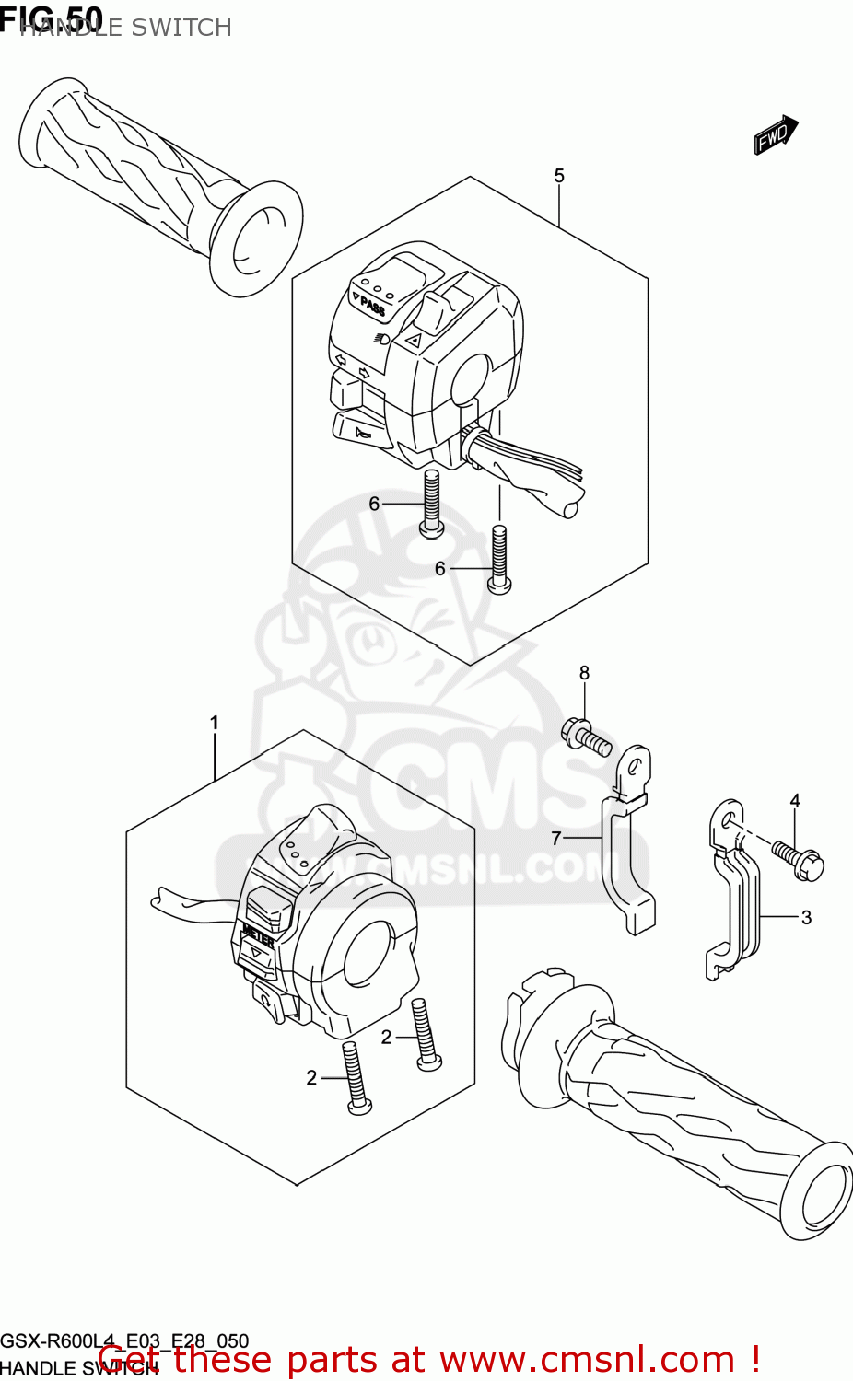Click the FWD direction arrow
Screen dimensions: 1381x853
pyautogui.click(x=774, y=135)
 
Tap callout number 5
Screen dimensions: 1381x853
pyautogui.click(x=559, y=176)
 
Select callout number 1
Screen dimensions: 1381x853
pyautogui.click(x=215, y=723)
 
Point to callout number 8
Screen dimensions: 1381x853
pyautogui.click(x=584, y=673)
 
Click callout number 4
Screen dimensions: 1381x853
pyautogui.click(x=795, y=801)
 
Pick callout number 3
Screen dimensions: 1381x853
pyautogui.click(x=806, y=917)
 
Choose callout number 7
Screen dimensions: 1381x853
pyautogui.click(x=556, y=838)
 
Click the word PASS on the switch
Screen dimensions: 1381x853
pyautogui.click(x=372, y=306)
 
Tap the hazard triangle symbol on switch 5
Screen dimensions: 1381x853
pyautogui.click(x=414, y=342)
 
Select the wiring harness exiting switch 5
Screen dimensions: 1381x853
pyautogui.click(x=525, y=470)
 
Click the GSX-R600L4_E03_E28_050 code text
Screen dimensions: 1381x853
pyautogui.click(x=124, y=1340)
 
